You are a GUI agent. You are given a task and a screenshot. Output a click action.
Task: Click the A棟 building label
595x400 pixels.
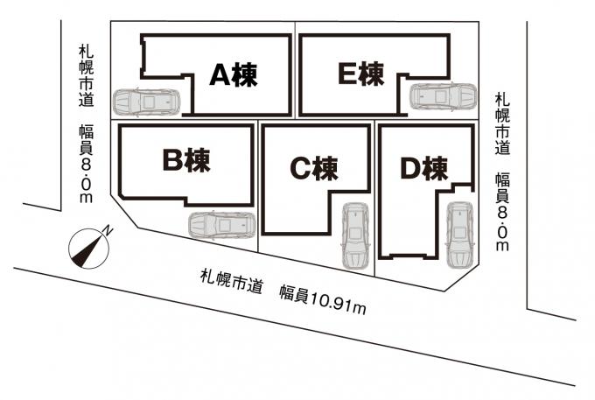pyautogui.click(x=234, y=74)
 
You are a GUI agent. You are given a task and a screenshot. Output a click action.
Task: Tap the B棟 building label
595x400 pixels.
pyautogui.click(x=186, y=160)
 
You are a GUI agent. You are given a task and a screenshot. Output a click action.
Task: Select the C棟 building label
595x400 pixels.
pyautogui.click(x=314, y=168)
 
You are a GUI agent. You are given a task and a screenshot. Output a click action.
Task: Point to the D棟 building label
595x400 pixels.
pyautogui.click(x=424, y=168)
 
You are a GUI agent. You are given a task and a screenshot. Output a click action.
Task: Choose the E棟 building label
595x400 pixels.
pyautogui.click(x=360, y=74)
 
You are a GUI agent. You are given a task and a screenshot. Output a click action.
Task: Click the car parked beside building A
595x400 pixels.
pyautogui.click(x=146, y=102)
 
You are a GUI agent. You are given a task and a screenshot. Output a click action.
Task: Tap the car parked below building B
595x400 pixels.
pyautogui.click(x=222, y=226)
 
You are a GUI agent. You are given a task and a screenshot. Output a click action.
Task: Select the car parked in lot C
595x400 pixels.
pyautogui.click(x=355, y=235)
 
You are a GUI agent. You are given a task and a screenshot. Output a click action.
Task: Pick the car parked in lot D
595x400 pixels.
pyautogui.click(x=459, y=235)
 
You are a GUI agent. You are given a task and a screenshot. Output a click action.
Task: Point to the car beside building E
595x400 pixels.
pyautogui.click(x=444, y=96)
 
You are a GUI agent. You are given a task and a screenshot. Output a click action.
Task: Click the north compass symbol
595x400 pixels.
pyautogui.click(x=88, y=248)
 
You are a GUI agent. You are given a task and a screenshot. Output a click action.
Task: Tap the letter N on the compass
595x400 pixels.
pyautogui.click(x=108, y=230)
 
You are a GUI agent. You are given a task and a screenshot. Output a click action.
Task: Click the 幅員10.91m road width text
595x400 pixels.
pyautogui.click(x=323, y=300)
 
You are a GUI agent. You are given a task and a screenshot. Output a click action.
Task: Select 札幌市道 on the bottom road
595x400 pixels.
pyautogui.click(x=232, y=281)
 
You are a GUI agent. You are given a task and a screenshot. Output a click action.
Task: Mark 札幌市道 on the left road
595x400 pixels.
pyautogui.click(x=86, y=76)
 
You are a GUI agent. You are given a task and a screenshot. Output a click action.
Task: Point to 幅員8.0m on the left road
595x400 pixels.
pyautogui.click(x=86, y=164)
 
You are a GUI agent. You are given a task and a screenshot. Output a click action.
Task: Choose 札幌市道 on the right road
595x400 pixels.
pyautogui.click(x=502, y=124)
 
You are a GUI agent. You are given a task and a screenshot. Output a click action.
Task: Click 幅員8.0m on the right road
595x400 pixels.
pyautogui.click(x=502, y=212)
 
